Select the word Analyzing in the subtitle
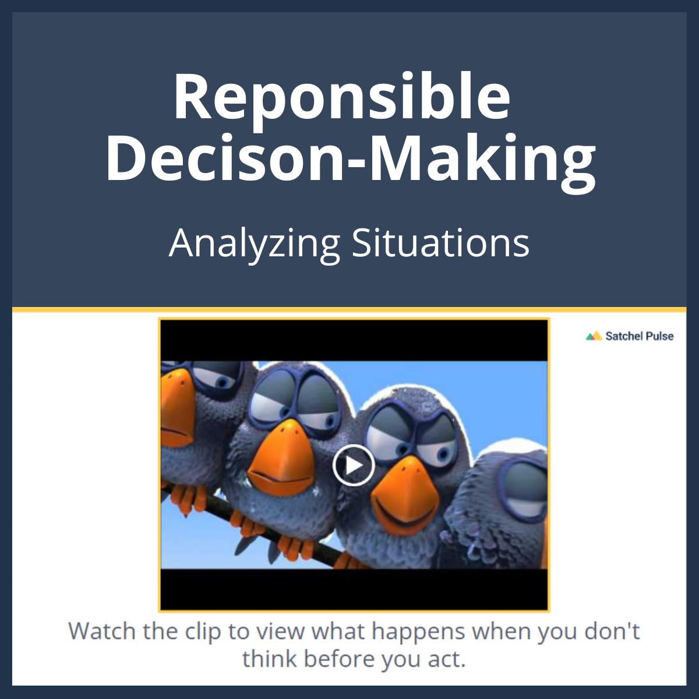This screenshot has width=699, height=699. [255, 243]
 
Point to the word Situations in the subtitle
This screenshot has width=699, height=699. [440, 243]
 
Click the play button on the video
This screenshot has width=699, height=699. [353, 465]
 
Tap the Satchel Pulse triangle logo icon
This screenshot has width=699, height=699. [594, 336]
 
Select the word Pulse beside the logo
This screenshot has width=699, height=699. [659, 336]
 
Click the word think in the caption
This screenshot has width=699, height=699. [269, 659]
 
